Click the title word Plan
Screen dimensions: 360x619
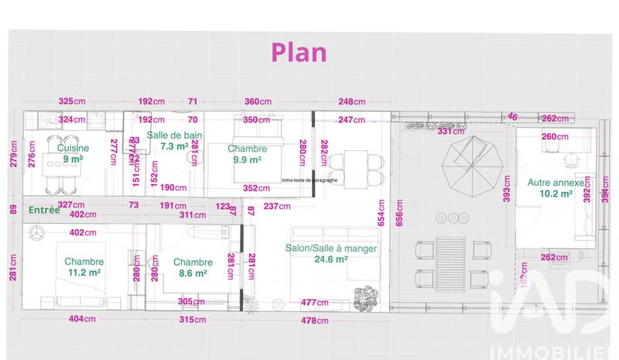[299, 52]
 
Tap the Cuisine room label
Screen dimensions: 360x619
[73, 148]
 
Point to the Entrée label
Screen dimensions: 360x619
[45, 210]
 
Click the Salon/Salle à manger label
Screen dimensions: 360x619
[331, 249]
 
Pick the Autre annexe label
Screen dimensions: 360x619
[556, 183]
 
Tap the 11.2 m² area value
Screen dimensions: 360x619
[84, 273]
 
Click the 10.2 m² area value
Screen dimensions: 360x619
[556, 194]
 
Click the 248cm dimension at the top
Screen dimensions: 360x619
[351, 101]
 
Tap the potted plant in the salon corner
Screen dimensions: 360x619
[363, 297]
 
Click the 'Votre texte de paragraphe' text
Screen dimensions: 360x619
[309, 180]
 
